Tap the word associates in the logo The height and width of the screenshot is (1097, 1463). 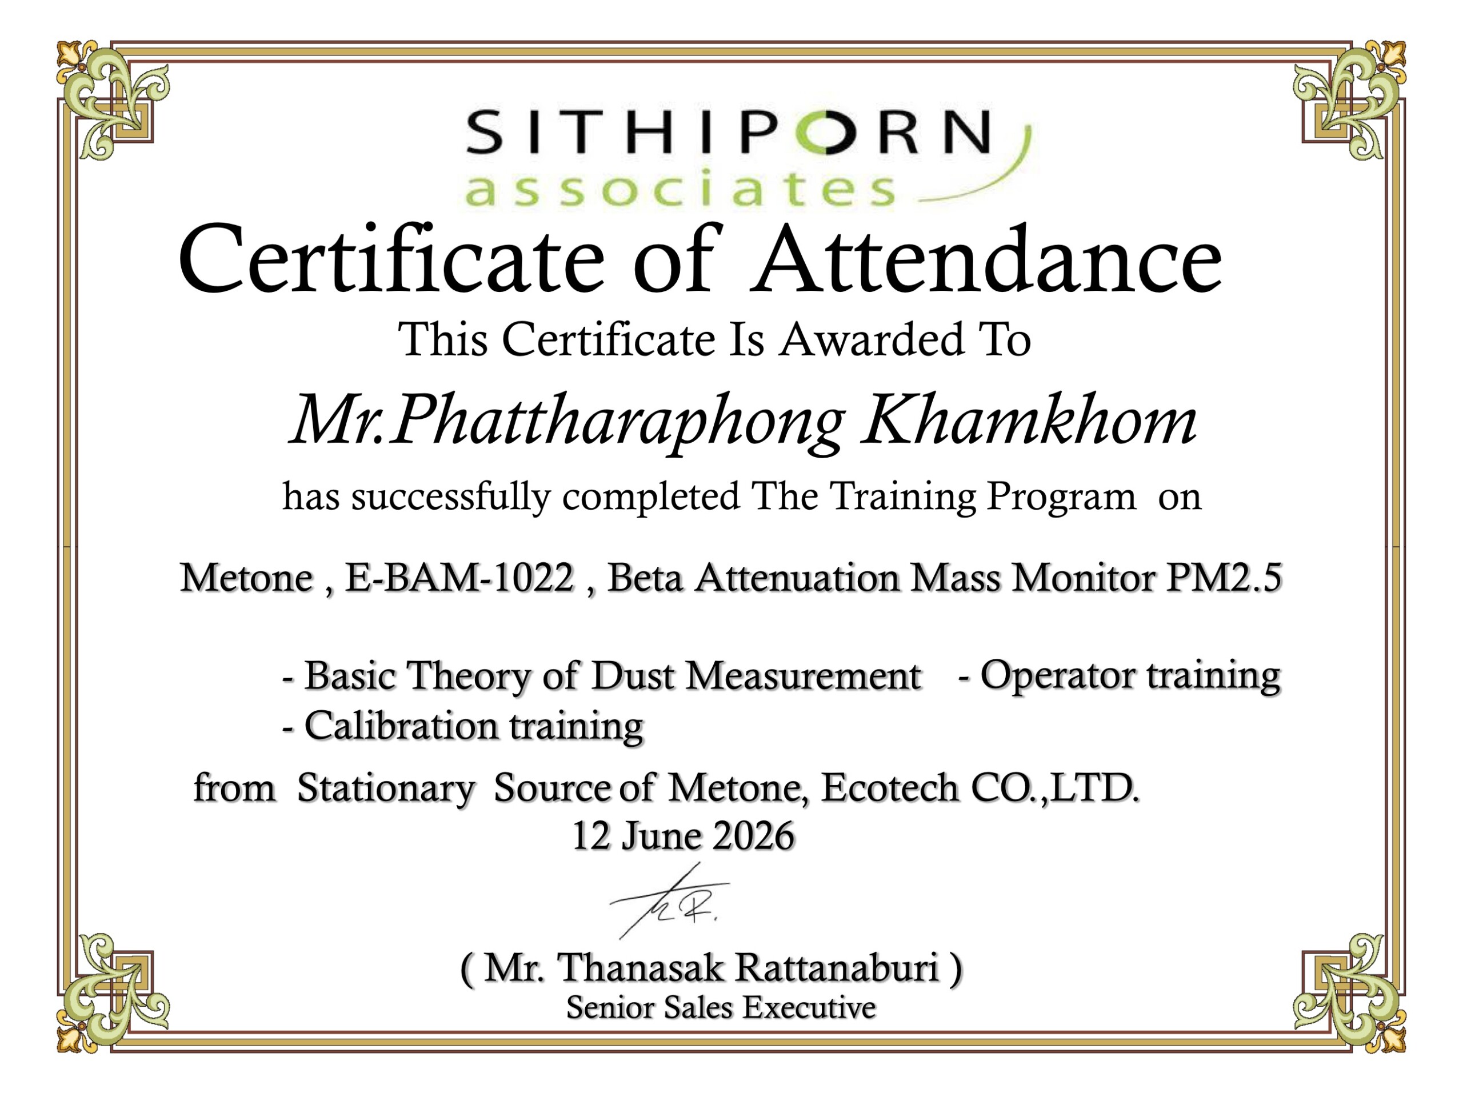tap(681, 189)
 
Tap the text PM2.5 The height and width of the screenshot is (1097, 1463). tap(1224, 576)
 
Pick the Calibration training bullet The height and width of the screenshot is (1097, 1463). tap(463, 726)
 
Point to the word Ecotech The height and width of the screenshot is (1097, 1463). tap(890, 787)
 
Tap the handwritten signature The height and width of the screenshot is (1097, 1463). tap(669, 900)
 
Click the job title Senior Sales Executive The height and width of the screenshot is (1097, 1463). tap(721, 1008)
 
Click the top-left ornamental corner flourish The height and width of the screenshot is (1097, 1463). tap(113, 99)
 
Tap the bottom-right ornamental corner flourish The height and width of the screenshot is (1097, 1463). tap(1349, 992)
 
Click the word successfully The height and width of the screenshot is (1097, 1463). tap(450, 497)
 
